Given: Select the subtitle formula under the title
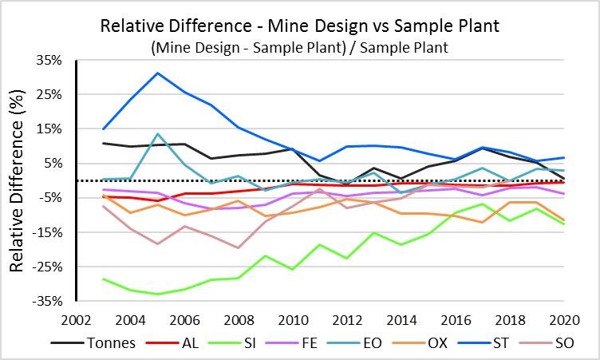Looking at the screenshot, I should click(299, 47).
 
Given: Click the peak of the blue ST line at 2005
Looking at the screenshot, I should click(158, 73).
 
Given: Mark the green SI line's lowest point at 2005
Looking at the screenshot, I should click(158, 294).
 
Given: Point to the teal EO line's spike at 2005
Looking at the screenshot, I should click(158, 133).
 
